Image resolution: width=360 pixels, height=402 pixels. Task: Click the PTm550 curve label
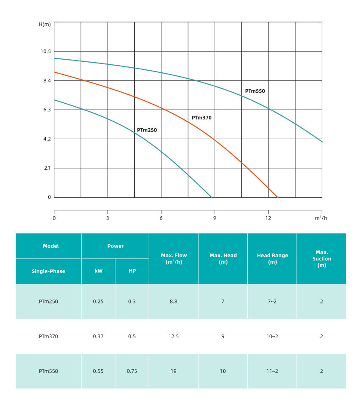click(255, 91)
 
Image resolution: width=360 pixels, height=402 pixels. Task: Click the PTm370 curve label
click(201, 118)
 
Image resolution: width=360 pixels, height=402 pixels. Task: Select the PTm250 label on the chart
click(147, 130)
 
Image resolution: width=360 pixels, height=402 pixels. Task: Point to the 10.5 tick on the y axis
click(45, 51)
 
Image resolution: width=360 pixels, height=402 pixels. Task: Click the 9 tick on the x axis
click(215, 218)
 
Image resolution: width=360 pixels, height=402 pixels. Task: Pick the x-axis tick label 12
click(268, 218)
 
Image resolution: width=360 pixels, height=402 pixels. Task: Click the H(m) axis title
click(45, 24)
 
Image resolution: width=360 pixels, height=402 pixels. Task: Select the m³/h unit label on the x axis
click(321, 218)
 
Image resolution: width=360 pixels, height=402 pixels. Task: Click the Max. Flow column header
click(174, 259)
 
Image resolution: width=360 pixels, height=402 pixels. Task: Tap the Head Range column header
click(272, 259)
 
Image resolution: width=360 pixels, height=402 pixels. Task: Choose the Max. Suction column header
click(321, 259)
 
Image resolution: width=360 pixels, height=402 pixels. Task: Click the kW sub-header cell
click(98, 271)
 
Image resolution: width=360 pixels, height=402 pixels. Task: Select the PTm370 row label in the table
click(48, 336)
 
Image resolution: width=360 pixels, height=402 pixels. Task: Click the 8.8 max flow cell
click(174, 302)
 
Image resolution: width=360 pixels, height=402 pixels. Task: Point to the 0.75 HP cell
click(132, 371)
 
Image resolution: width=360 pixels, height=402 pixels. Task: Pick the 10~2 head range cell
click(272, 336)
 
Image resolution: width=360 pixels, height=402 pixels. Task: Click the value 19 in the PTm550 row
click(174, 371)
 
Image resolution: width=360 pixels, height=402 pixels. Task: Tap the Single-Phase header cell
click(48, 271)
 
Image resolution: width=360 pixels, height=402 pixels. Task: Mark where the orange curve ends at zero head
click(277, 197)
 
